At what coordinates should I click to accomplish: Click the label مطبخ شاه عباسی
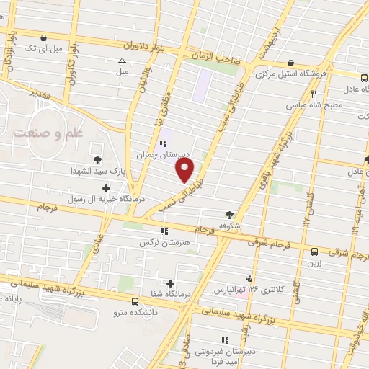[315, 104]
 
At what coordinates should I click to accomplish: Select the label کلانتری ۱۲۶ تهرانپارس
[249, 290]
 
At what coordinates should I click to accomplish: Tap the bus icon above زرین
[314, 252]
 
